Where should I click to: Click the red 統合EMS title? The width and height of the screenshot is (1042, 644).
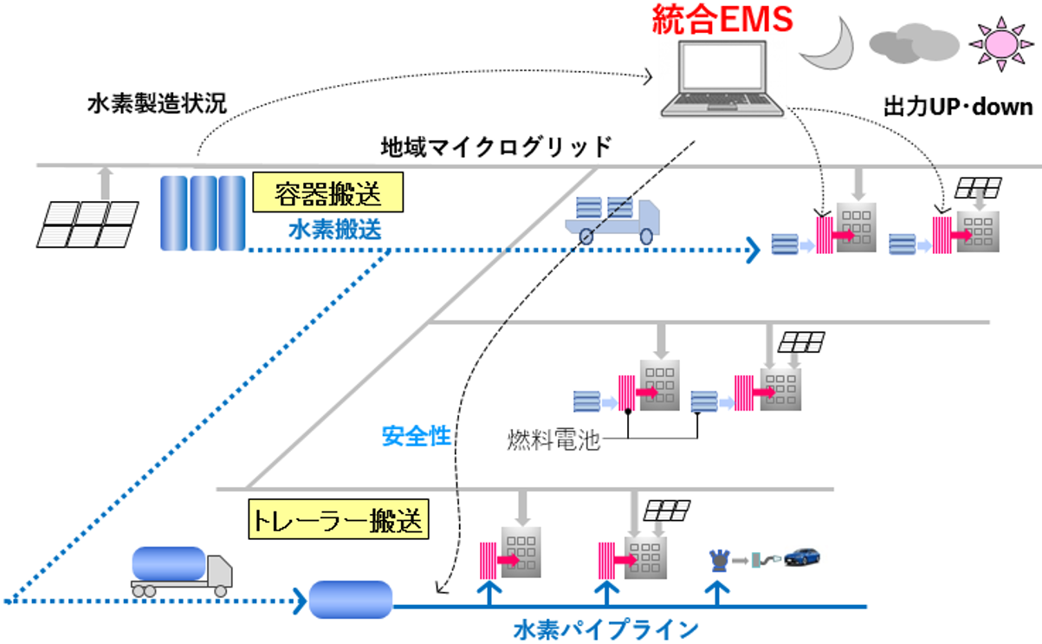(x=722, y=18)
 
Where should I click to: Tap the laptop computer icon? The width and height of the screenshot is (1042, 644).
(x=722, y=80)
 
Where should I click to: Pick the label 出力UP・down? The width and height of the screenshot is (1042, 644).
(x=958, y=107)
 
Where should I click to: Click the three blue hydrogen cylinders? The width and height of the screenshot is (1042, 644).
(x=203, y=212)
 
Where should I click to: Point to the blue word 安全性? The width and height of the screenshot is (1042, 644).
(x=416, y=436)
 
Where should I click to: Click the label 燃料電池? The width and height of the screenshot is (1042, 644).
(x=553, y=440)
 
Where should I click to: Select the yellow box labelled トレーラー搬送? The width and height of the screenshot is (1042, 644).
(x=338, y=519)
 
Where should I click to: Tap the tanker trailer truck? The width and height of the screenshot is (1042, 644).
(x=182, y=571)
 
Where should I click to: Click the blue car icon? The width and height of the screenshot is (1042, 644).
(x=802, y=556)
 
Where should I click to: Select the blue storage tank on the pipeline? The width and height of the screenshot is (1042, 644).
(x=351, y=599)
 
